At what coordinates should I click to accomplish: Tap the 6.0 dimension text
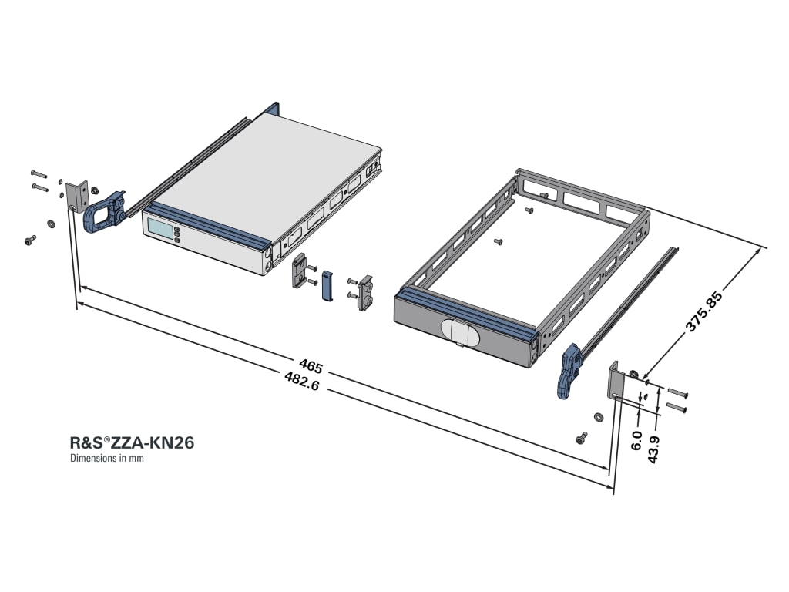(636, 440)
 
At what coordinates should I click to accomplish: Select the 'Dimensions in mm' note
(107, 458)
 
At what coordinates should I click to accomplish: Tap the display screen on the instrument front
(159, 229)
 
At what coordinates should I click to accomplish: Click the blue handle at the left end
(102, 211)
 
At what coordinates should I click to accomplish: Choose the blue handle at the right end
(570, 372)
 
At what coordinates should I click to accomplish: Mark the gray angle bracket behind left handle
(76, 197)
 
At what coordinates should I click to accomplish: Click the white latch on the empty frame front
(460, 330)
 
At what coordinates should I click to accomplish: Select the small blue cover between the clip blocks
(327, 286)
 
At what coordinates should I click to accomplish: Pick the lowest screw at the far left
(29, 241)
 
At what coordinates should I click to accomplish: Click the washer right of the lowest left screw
(51, 224)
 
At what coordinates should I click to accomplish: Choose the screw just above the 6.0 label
(582, 437)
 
